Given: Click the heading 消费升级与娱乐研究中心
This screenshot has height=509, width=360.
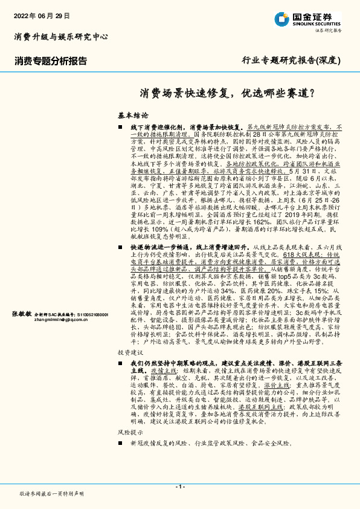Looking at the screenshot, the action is pyautogui.click(x=61, y=37).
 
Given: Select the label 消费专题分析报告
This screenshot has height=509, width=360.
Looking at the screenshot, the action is pyautogui.click(x=51, y=60).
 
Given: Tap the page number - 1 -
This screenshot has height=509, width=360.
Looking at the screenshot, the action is pyautogui.click(x=179, y=487).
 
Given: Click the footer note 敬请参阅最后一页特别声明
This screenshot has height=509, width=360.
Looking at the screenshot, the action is pyautogui.click(x=52, y=493).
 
